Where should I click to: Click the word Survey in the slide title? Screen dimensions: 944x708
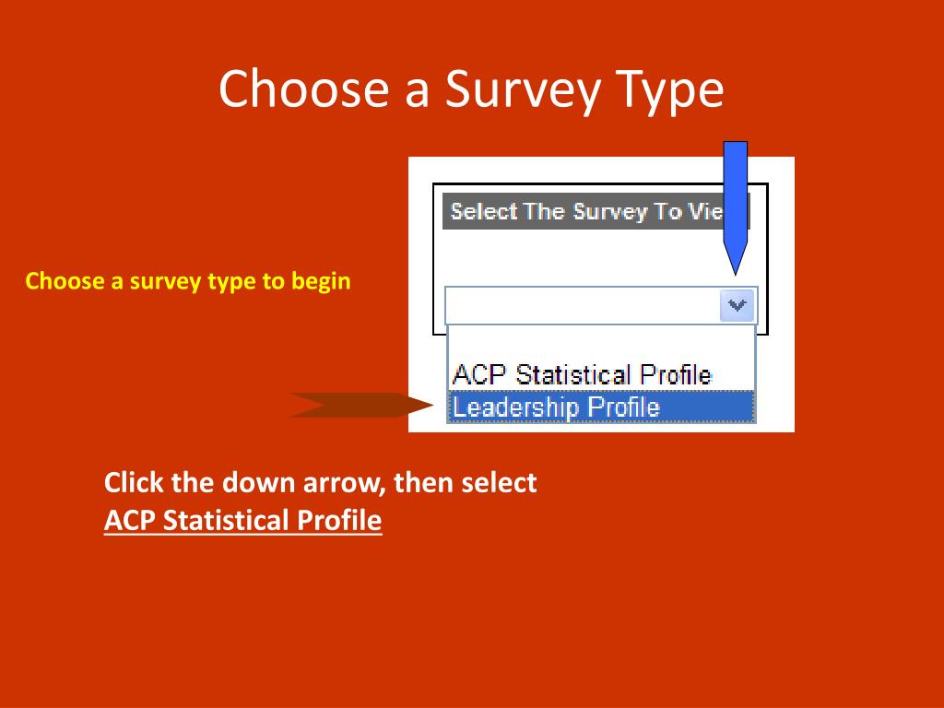coord(523,89)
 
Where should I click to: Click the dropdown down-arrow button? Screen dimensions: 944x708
coord(737,305)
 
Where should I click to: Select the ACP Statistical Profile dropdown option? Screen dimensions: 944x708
coord(582,374)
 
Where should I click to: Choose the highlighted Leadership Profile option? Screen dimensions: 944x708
coord(601,407)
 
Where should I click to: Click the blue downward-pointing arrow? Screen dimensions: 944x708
coord(735,208)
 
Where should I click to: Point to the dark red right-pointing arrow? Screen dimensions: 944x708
coord(361,405)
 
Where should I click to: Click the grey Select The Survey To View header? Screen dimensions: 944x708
coord(596,211)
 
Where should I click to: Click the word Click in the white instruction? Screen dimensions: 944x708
coord(134,483)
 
